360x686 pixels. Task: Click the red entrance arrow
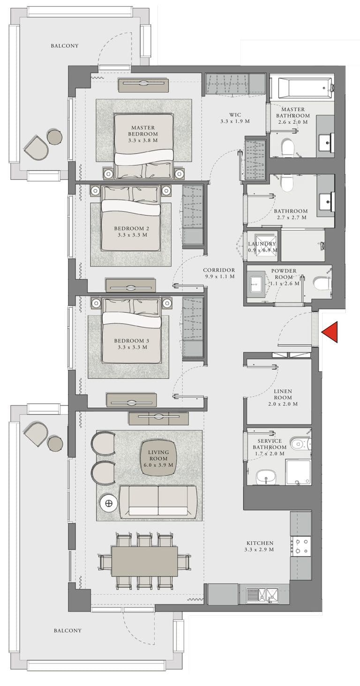click(x=330, y=332)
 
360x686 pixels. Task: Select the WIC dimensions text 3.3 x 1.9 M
click(x=235, y=121)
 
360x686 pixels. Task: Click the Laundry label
click(x=262, y=244)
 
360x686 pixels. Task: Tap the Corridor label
click(x=219, y=270)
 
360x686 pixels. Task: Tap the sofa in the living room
click(x=158, y=502)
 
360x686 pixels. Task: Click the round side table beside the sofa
click(x=109, y=504)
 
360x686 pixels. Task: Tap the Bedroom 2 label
click(x=131, y=229)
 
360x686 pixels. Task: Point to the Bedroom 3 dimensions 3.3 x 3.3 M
click(x=131, y=347)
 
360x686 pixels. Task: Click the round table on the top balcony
click(x=55, y=137)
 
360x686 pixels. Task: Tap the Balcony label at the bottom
click(x=67, y=631)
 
